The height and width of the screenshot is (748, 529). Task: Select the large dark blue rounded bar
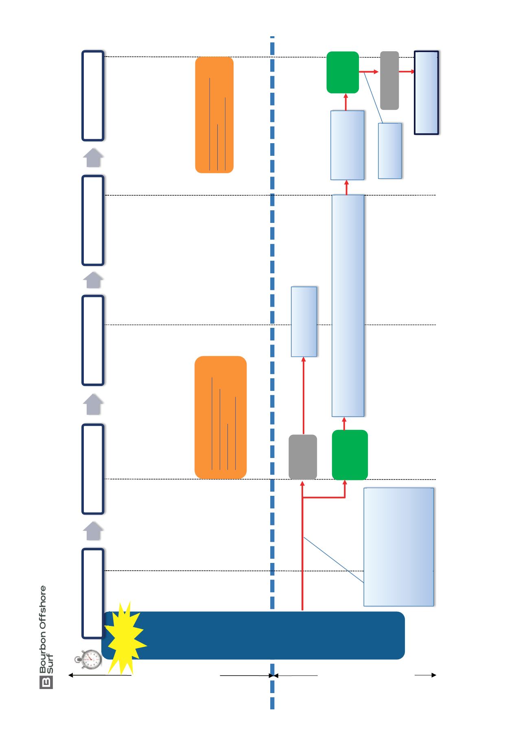pos(253,635)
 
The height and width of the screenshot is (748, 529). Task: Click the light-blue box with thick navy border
pos(426,93)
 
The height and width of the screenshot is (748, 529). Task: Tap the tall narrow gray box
pos(389,81)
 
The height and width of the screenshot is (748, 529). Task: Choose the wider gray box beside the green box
pos(303,457)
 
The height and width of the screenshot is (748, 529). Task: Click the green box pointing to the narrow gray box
pos(343,72)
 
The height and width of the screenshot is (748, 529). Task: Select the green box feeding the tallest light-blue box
pos(350,455)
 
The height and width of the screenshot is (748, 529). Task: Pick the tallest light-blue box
pos(348,306)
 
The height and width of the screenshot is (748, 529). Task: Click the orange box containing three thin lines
pos(214,115)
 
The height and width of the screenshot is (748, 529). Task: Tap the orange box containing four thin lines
pos(221,417)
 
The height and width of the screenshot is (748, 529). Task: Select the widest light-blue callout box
pos(398,547)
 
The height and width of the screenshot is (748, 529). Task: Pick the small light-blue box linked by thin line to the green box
pos(390,151)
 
